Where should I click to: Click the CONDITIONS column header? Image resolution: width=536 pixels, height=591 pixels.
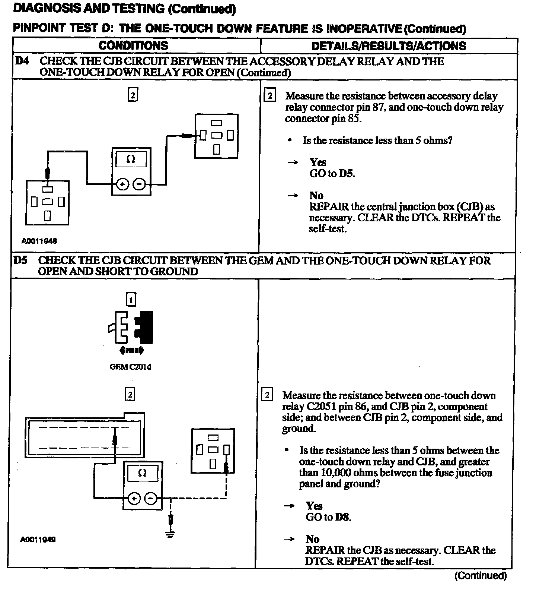pyautogui.click(x=133, y=46)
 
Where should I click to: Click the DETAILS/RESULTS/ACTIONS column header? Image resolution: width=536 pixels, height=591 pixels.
pyautogui.click(x=389, y=46)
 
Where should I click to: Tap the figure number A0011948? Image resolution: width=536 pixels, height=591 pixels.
pyautogui.click(x=39, y=241)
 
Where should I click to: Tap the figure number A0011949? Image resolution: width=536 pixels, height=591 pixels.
pyautogui.click(x=38, y=539)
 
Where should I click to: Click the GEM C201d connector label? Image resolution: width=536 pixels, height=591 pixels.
pyautogui.click(x=130, y=367)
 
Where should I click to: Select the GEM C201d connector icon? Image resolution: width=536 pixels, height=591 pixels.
pyautogui.click(x=131, y=327)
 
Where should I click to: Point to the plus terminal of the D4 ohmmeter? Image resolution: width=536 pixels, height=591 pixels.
pyautogui.click(x=123, y=184)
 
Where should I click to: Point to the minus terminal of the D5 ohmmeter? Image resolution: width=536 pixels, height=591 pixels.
pyautogui.click(x=151, y=498)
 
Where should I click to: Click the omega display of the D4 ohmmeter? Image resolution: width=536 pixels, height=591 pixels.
pyautogui.click(x=131, y=159)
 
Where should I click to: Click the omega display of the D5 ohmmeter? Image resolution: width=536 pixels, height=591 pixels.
pyautogui.click(x=142, y=473)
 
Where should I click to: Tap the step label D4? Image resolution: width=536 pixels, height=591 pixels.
pyautogui.click(x=22, y=61)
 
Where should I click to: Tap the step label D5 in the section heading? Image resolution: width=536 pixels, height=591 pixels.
pyautogui.click(x=21, y=260)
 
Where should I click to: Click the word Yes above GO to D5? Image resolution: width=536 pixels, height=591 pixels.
pyautogui.click(x=318, y=162)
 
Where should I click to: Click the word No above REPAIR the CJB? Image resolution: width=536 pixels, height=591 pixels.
pyautogui.click(x=312, y=539)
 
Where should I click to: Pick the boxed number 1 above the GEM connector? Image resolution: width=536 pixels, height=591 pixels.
pyautogui.click(x=131, y=299)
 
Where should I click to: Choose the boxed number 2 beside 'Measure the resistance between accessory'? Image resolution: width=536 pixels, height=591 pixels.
pyautogui.click(x=269, y=96)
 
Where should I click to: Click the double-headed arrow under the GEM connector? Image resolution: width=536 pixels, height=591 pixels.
pyautogui.click(x=131, y=350)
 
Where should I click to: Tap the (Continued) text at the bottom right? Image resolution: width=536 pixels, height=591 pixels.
pyautogui.click(x=480, y=576)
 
